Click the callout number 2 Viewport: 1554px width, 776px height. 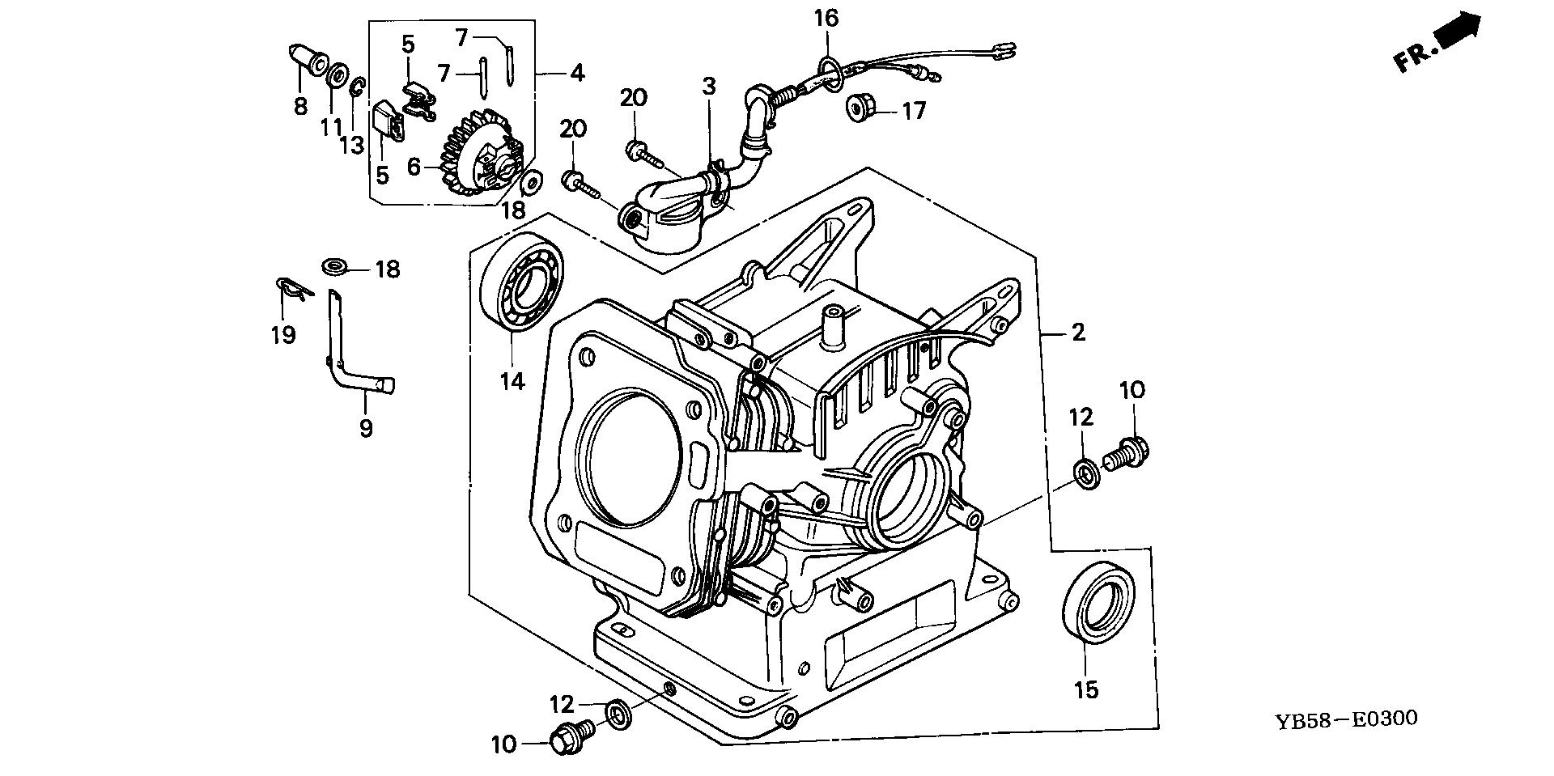[x=1077, y=332]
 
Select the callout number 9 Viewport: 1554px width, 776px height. [x=366, y=428]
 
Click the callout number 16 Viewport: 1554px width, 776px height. [x=826, y=18]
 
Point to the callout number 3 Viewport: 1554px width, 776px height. [x=709, y=87]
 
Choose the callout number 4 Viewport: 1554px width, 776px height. [x=576, y=73]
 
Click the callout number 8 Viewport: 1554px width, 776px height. [x=300, y=106]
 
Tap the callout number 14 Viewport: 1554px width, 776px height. [x=512, y=380]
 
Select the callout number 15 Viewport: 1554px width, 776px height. [x=1086, y=689]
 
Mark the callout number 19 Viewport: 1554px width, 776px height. [x=283, y=334]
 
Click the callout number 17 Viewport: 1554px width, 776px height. [x=914, y=110]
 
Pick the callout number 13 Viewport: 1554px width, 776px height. [x=352, y=146]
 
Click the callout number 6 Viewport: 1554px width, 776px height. [x=414, y=167]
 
